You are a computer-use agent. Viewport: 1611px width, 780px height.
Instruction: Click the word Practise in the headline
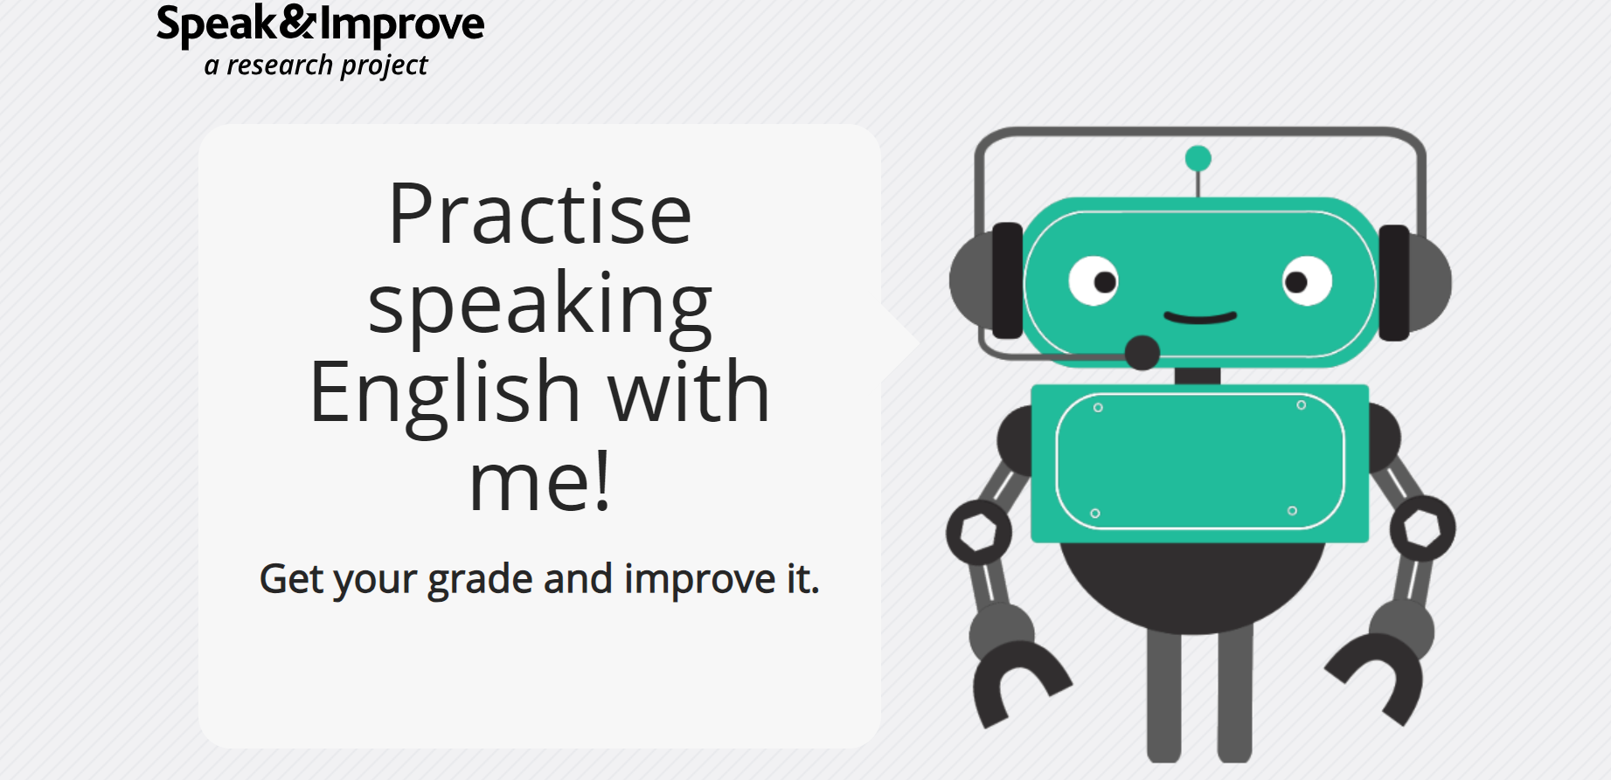540,214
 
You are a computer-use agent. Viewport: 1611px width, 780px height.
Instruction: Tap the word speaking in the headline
540,306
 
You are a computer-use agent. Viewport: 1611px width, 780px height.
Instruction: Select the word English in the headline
445,392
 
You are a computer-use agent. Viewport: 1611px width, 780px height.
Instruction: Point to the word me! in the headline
539,481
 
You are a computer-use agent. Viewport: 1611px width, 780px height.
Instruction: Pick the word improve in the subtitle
699,580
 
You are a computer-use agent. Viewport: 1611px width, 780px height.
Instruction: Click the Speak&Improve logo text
320,24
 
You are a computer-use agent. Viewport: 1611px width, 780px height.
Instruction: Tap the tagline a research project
316,66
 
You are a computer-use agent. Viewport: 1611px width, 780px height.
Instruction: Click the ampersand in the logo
297,22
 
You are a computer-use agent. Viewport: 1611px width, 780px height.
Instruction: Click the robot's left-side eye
1094,281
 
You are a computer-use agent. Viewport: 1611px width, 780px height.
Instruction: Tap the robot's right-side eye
1307,281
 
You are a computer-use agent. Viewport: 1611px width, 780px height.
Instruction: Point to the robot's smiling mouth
1200,316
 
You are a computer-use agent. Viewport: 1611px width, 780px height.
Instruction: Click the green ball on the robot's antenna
1198,158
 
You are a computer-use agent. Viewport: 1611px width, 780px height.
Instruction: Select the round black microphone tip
1142,352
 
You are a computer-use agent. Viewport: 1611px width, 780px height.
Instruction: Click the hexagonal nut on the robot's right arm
1422,528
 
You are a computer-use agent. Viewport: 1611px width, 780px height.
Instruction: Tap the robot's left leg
1163,695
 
